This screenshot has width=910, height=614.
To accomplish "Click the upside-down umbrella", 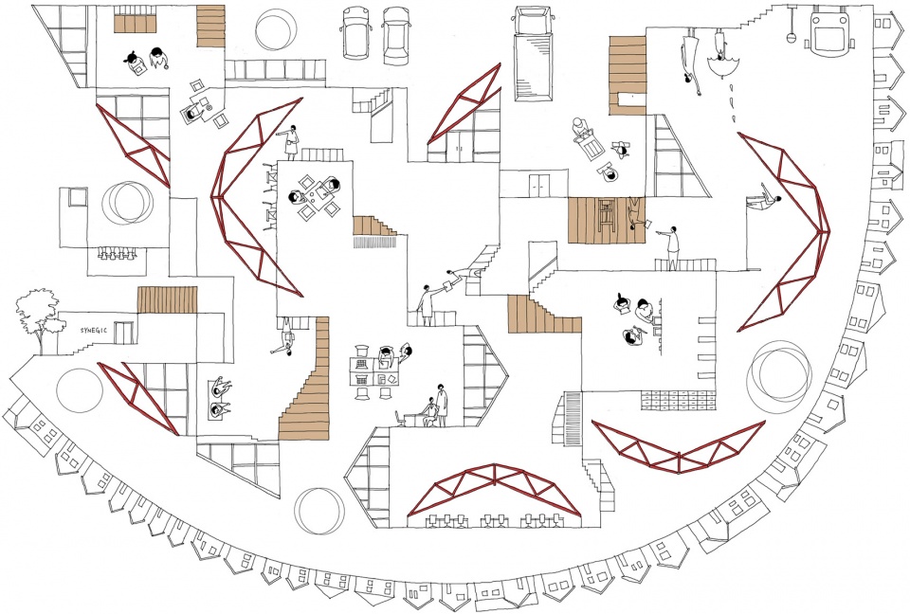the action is (x=722, y=64).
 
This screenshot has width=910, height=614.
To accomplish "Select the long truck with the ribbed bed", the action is (x=533, y=55).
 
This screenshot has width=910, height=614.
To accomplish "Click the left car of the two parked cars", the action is (x=355, y=32).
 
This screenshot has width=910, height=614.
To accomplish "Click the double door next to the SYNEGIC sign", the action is (x=122, y=333).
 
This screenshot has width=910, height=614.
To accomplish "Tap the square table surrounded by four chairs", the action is (x=314, y=193).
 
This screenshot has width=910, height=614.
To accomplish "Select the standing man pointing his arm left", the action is (x=671, y=246).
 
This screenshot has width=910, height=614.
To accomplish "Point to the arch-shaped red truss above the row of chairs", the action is (x=494, y=480).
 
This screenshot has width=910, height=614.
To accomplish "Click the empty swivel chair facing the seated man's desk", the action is (x=399, y=418).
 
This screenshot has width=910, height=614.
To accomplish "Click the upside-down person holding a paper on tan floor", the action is (x=637, y=212).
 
